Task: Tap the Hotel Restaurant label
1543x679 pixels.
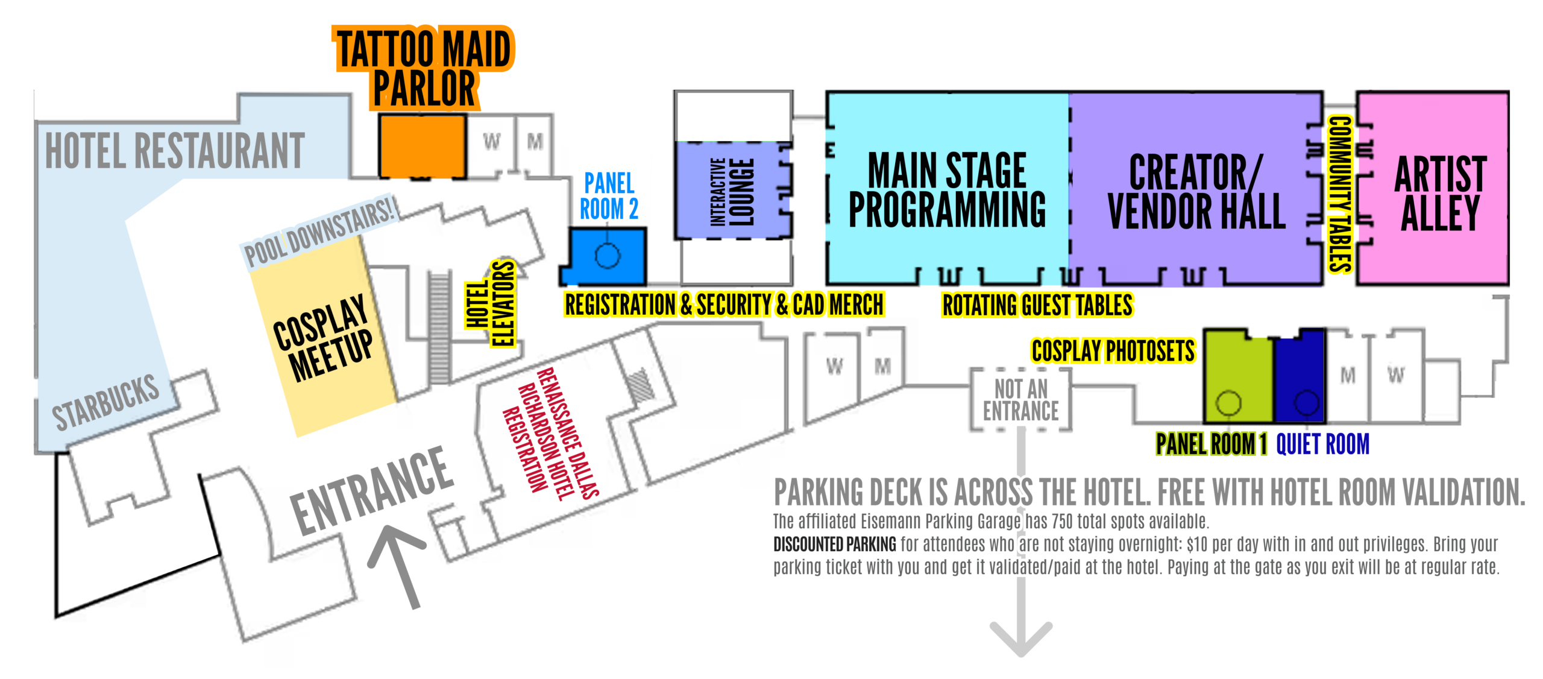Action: click(175, 151)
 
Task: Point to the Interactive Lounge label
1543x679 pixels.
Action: click(732, 192)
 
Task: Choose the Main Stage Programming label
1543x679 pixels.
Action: click(947, 190)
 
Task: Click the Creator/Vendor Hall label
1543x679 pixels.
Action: click(1196, 192)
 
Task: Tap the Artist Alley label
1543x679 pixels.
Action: click(1440, 193)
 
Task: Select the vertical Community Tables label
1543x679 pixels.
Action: click(1340, 194)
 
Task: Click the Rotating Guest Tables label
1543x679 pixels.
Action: click(1037, 305)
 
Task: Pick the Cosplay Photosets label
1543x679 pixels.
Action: click(1113, 351)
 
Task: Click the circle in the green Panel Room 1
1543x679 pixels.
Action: click(1228, 402)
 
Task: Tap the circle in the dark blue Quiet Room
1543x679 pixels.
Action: click(1306, 402)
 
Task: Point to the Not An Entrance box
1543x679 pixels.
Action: click(1020, 399)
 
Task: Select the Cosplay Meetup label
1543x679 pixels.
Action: click(323, 338)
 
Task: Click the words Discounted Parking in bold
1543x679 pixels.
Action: click(834, 544)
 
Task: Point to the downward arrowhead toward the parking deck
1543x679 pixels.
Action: click(1020, 639)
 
